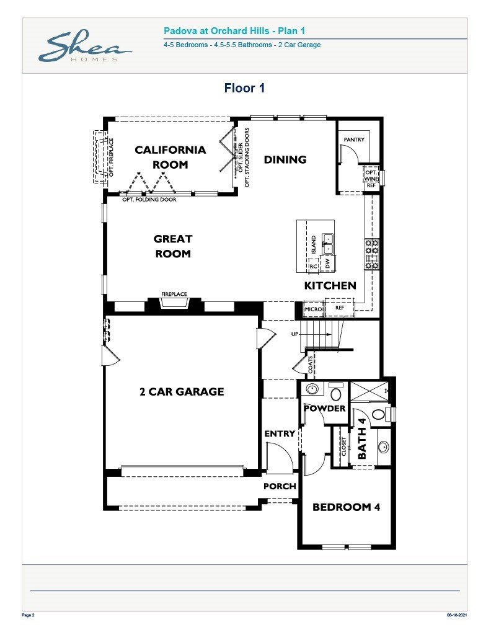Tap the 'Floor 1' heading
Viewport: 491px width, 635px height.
point(245,88)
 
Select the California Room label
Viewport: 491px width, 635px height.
point(170,157)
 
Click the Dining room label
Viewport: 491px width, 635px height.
point(285,159)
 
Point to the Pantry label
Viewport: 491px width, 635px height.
point(354,140)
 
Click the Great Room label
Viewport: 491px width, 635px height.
point(173,246)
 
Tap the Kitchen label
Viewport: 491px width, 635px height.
point(330,286)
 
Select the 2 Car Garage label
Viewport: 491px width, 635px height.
point(182,391)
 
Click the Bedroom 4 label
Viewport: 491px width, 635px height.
point(346,507)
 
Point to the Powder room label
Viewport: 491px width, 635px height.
point(324,409)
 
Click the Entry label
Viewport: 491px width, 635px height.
point(280,433)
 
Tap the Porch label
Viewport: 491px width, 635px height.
point(280,486)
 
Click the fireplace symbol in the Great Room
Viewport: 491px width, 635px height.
point(174,303)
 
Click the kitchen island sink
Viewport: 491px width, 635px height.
point(327,244)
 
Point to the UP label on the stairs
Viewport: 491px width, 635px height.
point(296,334)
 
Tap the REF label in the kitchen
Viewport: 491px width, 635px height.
point(340,308)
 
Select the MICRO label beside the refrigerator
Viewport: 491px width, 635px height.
point(313,308)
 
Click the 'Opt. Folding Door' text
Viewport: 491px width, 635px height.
point(149,200)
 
